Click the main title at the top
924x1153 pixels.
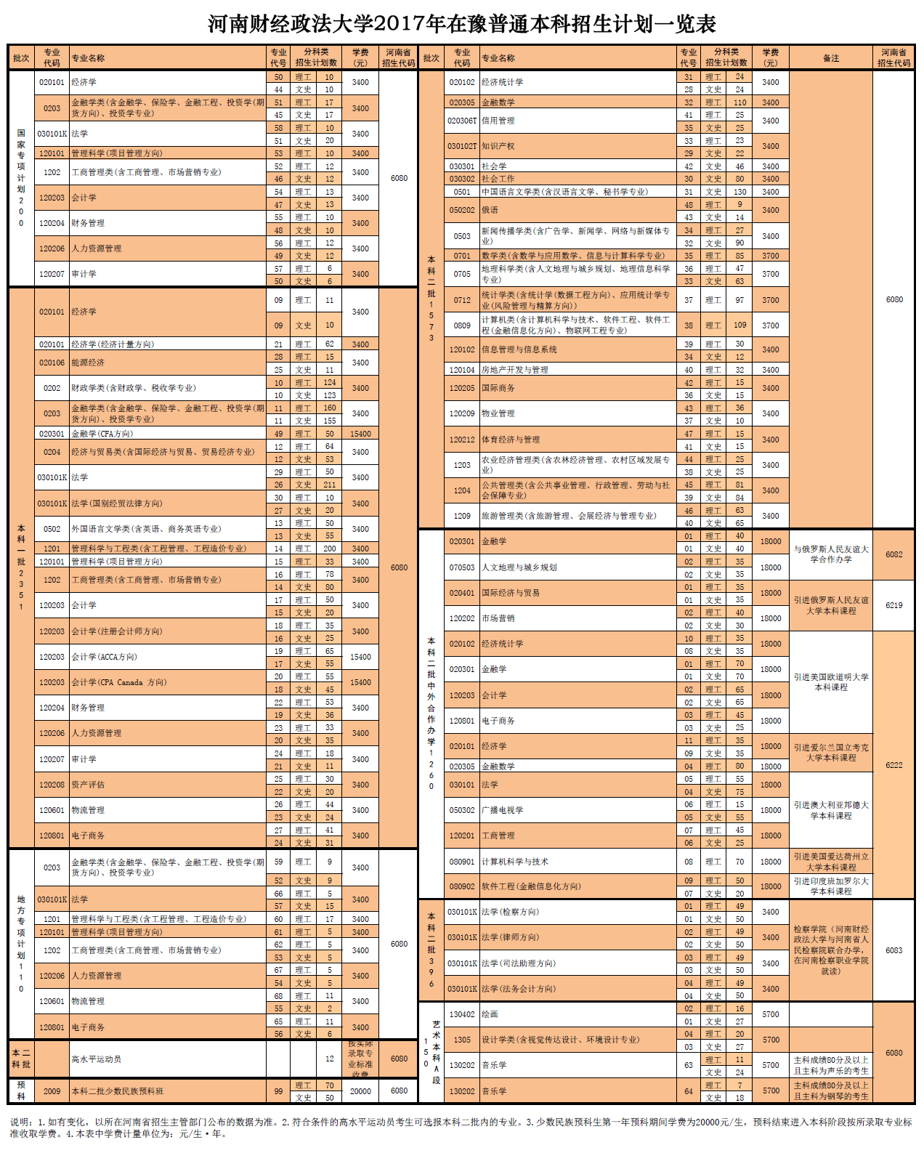coord(462,24)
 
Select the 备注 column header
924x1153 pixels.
coord(830,58)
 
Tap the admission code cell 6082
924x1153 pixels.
coord(893,554)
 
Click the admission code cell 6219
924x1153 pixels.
coord(893,605)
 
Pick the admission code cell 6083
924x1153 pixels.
coord(893,950)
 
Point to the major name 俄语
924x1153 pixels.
coord(490,210)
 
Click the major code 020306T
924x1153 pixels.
coord(462,121)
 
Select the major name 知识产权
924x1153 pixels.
coord(498,146)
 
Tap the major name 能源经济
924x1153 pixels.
coord(88,363)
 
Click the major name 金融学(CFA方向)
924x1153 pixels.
coord(102,434)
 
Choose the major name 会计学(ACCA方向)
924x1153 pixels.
coord(104,657)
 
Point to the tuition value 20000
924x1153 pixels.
coord(360,1091)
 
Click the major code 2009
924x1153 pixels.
coord(52,1091)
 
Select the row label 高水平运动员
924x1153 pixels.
coord(96,1059)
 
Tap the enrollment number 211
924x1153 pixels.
coord(329,485)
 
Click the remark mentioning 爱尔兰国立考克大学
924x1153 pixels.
coord(830,752)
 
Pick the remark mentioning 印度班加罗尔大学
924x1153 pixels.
coord(830,886)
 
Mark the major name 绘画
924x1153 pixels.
coord(490,1014)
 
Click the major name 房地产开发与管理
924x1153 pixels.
coord(515,370)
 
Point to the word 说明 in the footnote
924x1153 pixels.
coord(20,1122)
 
